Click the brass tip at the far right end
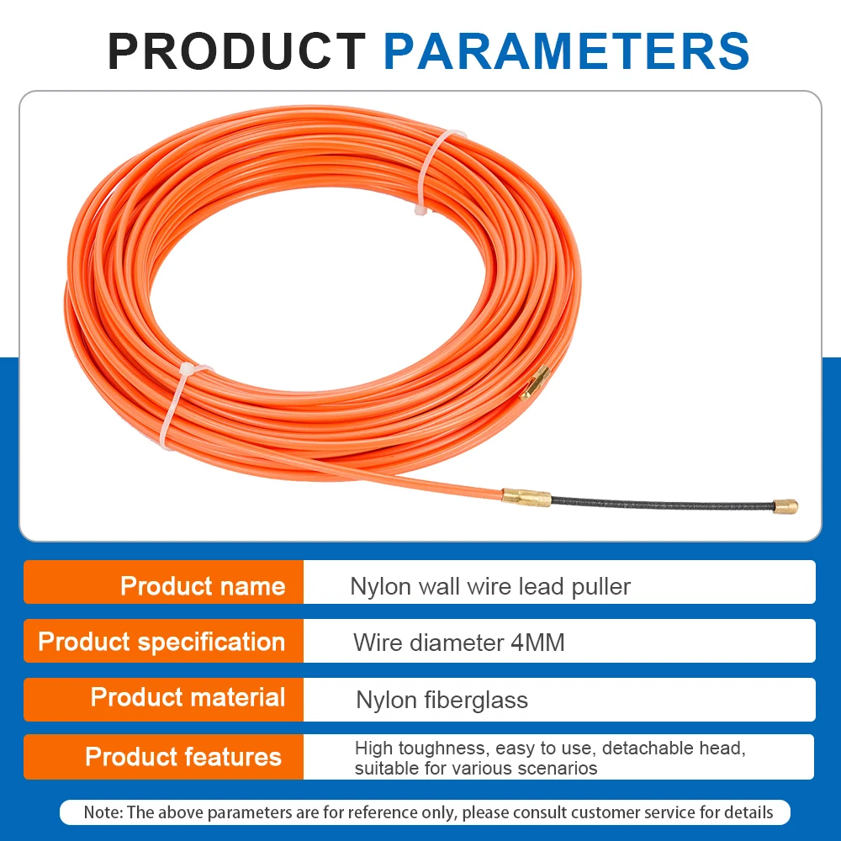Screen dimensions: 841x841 (786, 506)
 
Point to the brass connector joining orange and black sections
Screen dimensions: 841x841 (527, 498)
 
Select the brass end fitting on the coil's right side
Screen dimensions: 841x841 (535, 383)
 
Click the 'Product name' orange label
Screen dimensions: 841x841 (203, 586)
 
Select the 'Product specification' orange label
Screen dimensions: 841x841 (161, 643)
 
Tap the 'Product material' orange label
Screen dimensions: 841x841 (188, 698)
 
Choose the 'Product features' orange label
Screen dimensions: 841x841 (182, 757)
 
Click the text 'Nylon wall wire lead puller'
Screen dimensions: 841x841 (490, 586)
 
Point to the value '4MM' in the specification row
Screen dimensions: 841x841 (537, 643)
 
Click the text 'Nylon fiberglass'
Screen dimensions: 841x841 (442, 700)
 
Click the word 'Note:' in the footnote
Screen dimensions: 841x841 (103, 812)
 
